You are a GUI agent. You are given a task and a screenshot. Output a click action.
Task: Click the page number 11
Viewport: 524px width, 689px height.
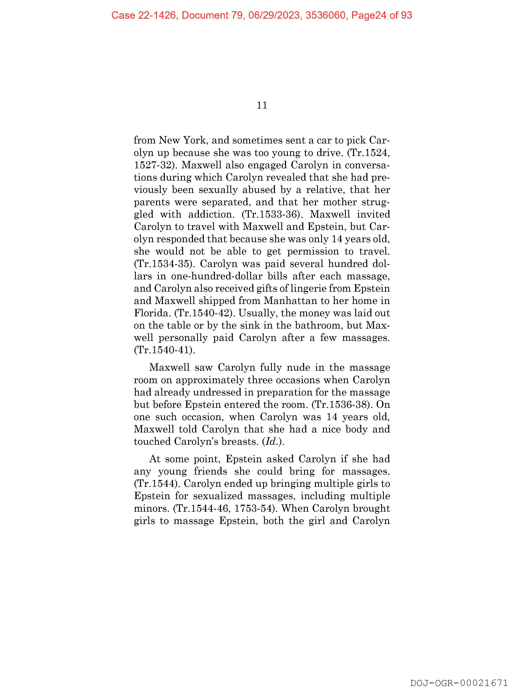coord(262,105)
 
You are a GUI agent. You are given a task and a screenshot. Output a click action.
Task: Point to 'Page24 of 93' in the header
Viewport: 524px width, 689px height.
coord(381,15)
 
